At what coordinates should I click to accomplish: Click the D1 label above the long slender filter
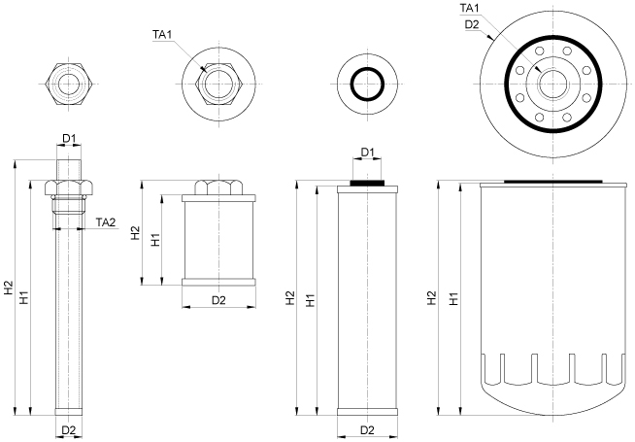(69, 139)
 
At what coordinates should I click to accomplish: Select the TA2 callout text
(106, 222)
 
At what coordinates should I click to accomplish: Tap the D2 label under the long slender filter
(69, 429)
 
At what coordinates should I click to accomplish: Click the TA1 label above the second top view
(162, 36)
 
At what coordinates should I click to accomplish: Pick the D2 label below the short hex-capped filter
(218, 300)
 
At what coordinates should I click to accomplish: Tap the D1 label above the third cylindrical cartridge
(368, 153)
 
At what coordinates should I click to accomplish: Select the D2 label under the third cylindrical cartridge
(368, 429)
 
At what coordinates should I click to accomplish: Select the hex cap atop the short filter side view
(218, 187)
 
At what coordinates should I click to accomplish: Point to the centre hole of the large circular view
(553, 84)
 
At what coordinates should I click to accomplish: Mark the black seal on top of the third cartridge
(367, 181)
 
